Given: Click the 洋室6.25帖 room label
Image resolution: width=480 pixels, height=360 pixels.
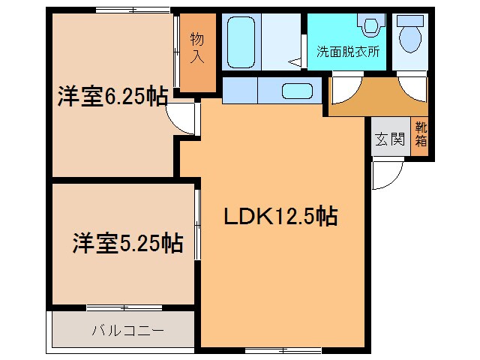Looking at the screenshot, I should tap(112, 98).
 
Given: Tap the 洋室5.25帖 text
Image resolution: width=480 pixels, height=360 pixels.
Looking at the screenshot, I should tap(127, 243).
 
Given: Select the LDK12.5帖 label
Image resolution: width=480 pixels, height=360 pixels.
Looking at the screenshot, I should tap(281, 217).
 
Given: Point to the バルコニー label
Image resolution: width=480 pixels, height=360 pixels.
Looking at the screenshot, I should tap(124, 330).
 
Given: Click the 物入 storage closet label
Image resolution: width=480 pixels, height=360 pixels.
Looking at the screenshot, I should tap(197, 47).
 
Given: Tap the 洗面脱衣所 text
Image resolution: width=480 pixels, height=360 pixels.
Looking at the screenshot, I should tap(346, 52).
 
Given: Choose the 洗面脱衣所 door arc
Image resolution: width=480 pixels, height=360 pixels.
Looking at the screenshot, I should tap(343, 89).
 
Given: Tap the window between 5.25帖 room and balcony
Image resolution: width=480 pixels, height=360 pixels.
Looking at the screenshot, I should tap(124, 307).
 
